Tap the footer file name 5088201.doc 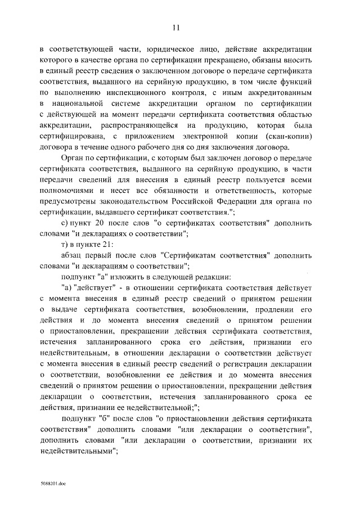pyautogui.click(x=52, y=483)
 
